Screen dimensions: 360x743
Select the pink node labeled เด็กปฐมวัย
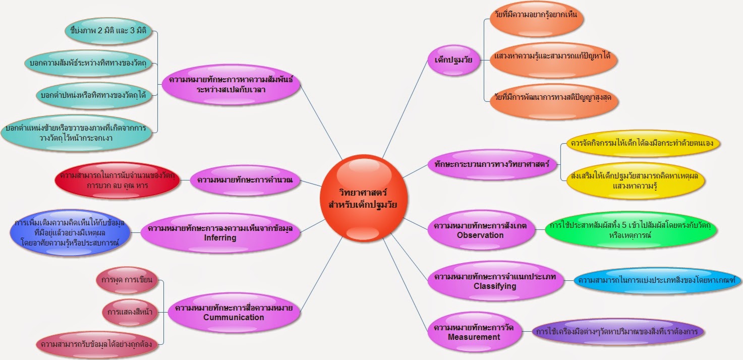point(453,60)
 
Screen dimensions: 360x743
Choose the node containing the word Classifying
point(495,281)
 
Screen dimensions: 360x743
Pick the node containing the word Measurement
point(474,332)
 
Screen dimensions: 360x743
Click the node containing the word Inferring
point(220,232)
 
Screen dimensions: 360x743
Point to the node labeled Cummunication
point(234,313)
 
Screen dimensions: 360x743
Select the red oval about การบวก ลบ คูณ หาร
point(117,180)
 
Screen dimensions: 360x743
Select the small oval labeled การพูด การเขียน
point(127,280)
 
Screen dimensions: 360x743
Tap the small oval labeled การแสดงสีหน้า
point(130,312)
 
